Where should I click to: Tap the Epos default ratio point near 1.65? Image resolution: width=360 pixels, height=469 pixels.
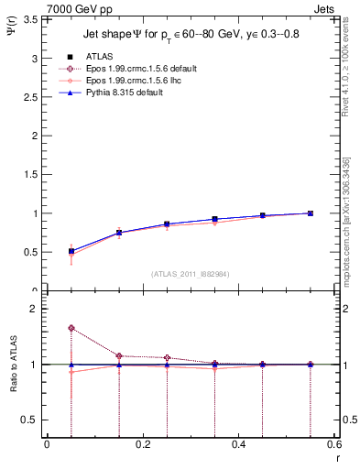coord(71,328)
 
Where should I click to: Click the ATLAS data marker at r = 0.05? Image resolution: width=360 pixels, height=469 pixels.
coord(71,251)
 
